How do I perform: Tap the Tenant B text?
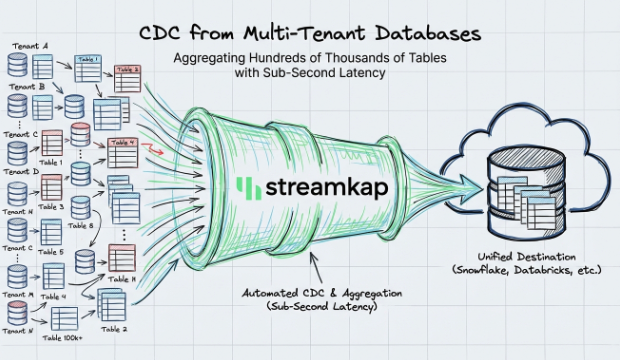pyautogui.click(x=23, y=87)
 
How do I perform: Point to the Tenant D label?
pyautogui.click(x=23, y=171)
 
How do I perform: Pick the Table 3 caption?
pyautogui.click(x=53, y=206)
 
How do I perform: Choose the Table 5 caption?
pyautogui.click(x=52, y=252)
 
